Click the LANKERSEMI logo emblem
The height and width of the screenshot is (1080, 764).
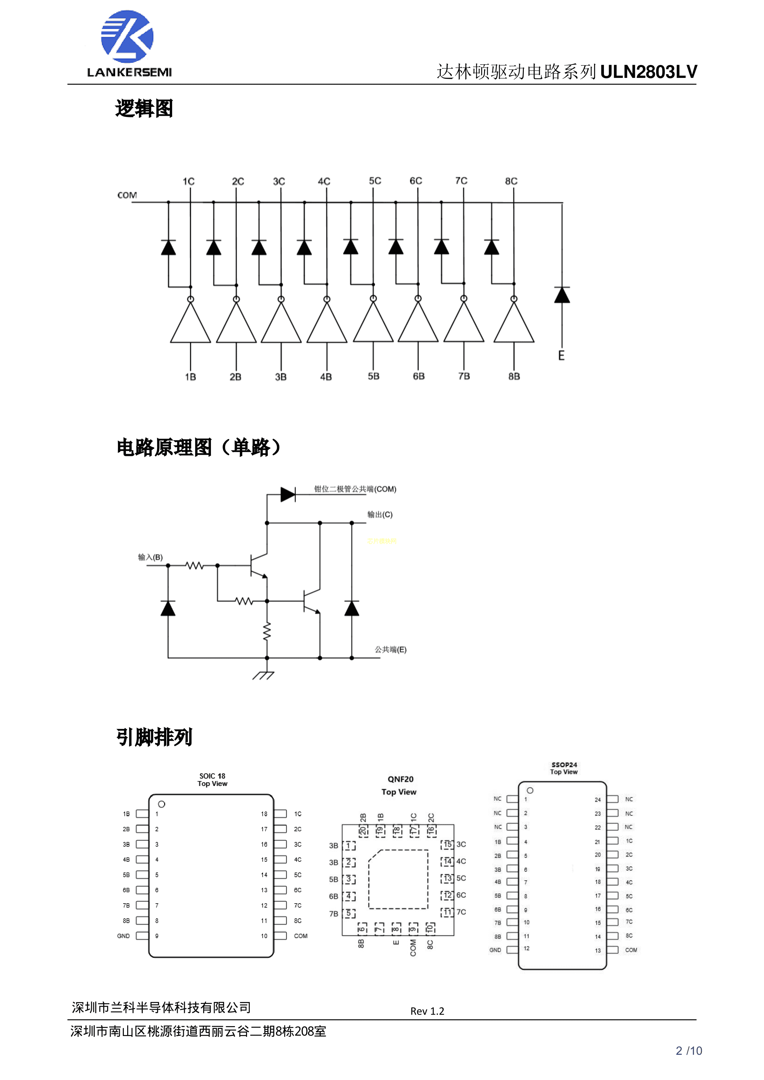tap(127, 37)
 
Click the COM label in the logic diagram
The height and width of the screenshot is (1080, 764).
tap(127, 195)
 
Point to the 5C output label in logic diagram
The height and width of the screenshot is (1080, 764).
tap(375, 181)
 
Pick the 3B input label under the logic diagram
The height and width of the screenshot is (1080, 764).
tap(281, 377)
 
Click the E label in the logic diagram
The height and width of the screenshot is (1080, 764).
tap(561, 356)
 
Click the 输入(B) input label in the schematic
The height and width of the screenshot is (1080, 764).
tap(150, 558)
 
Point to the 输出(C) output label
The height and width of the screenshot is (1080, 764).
tap(380, 514)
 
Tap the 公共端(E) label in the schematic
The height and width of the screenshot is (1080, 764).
tap(390, 650)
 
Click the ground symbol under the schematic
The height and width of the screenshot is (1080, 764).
tap(264, 675)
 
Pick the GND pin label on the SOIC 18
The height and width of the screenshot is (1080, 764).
tap(123, 936)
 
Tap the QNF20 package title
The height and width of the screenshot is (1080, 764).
tap(400, 780)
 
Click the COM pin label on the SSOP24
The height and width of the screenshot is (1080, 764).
tap(631, 950)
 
